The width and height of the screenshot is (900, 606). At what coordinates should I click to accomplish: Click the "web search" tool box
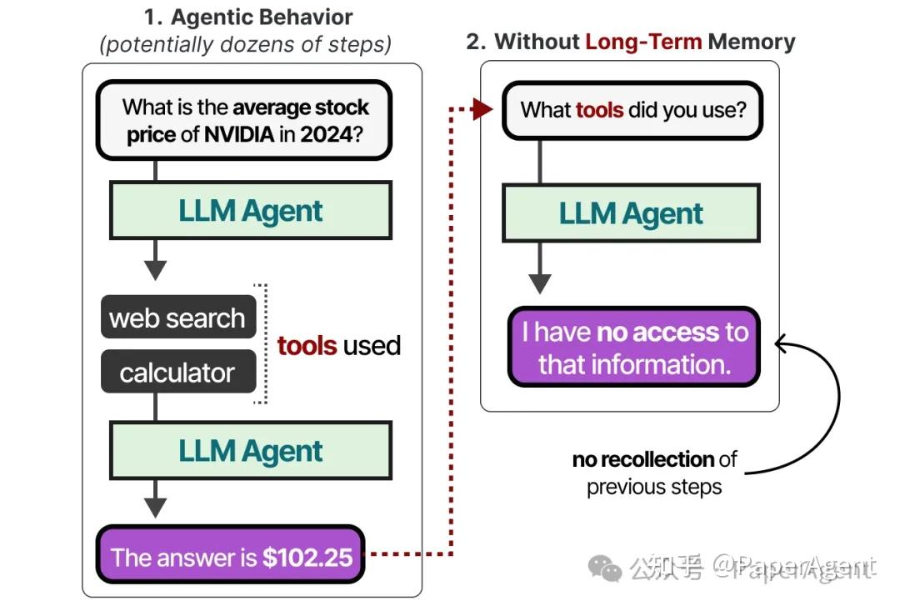click(177, 318)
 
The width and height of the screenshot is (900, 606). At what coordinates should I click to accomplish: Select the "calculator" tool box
click(177, 372)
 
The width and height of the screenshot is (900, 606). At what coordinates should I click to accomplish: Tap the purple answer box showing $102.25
click(231, 557)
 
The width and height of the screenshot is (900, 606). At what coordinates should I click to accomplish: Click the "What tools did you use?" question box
click(632, 110)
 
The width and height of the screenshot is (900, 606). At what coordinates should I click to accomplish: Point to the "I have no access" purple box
click(634, 348)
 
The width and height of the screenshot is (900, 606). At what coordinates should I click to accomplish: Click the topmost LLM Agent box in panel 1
click(250, 211)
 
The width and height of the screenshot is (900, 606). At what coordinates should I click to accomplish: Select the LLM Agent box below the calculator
click(250, 450)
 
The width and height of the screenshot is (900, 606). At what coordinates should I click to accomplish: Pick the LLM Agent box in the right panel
click(631, 213)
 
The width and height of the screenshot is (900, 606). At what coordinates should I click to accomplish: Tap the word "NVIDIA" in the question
click(239, 134)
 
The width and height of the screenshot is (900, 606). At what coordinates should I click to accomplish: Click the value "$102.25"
click(307, 558)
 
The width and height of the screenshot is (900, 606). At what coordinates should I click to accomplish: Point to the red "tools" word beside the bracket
click(307, 345)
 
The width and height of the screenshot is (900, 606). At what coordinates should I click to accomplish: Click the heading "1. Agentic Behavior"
click(248, 17)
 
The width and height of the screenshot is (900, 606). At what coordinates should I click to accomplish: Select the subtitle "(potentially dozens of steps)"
click(245, 43)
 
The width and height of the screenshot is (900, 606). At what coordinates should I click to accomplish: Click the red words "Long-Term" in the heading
click(643, 42)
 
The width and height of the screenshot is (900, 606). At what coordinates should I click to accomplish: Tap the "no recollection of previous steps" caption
click(654, 473)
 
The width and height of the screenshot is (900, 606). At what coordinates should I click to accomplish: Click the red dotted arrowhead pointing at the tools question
click(482, 109)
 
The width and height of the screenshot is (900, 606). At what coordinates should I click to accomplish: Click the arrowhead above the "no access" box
click(540, 283)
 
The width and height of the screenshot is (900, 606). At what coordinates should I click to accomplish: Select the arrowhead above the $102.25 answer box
click(156, 508)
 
